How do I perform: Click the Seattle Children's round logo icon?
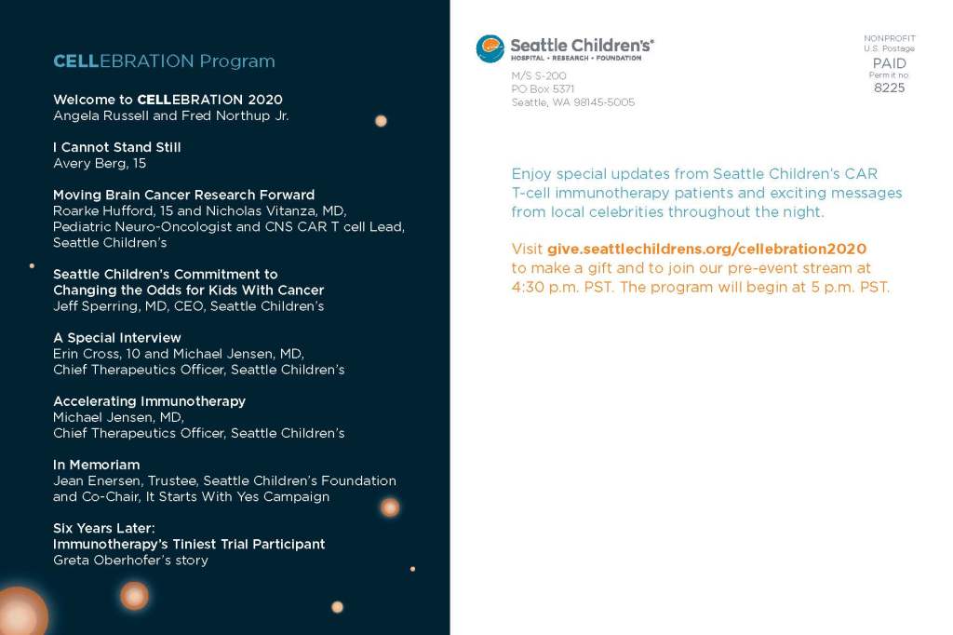(490, 48)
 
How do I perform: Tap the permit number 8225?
(889, 88)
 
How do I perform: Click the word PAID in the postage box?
(889, 63)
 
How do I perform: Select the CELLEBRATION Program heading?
(164, 61)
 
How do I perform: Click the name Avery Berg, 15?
(100, 164)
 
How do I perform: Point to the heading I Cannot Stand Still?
(117, 147)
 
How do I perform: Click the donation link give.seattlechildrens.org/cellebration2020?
(707, 249)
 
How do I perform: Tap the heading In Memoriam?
(97, 465)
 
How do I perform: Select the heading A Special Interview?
(117, 338)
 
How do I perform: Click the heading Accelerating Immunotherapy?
(150, 401)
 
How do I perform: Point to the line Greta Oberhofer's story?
(130, 561)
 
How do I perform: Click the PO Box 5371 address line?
(543, 88)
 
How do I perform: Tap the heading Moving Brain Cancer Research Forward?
(184, 195)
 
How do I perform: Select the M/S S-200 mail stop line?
(539, 75)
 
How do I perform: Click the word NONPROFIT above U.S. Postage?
(889, 38)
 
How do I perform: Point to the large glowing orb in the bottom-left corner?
(21, 613)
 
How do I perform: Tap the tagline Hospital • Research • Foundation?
(575, 59)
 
